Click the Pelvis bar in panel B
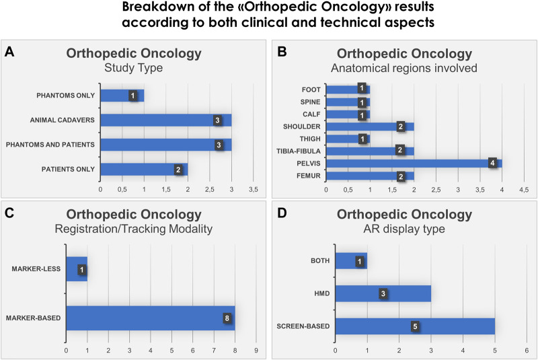(x=414, y=163)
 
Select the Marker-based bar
(x=151, y=318)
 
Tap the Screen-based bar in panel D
(x=415, y=326)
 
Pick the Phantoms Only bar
(x=122, y=96)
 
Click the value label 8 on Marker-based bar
(x=227, y=318)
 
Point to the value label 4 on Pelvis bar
(x=493, y=163)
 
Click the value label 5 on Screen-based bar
(x=415, y=326)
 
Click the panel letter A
(x=9, y=51)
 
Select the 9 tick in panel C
(x=256, y=351)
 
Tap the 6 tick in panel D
(x=527, y=351)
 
